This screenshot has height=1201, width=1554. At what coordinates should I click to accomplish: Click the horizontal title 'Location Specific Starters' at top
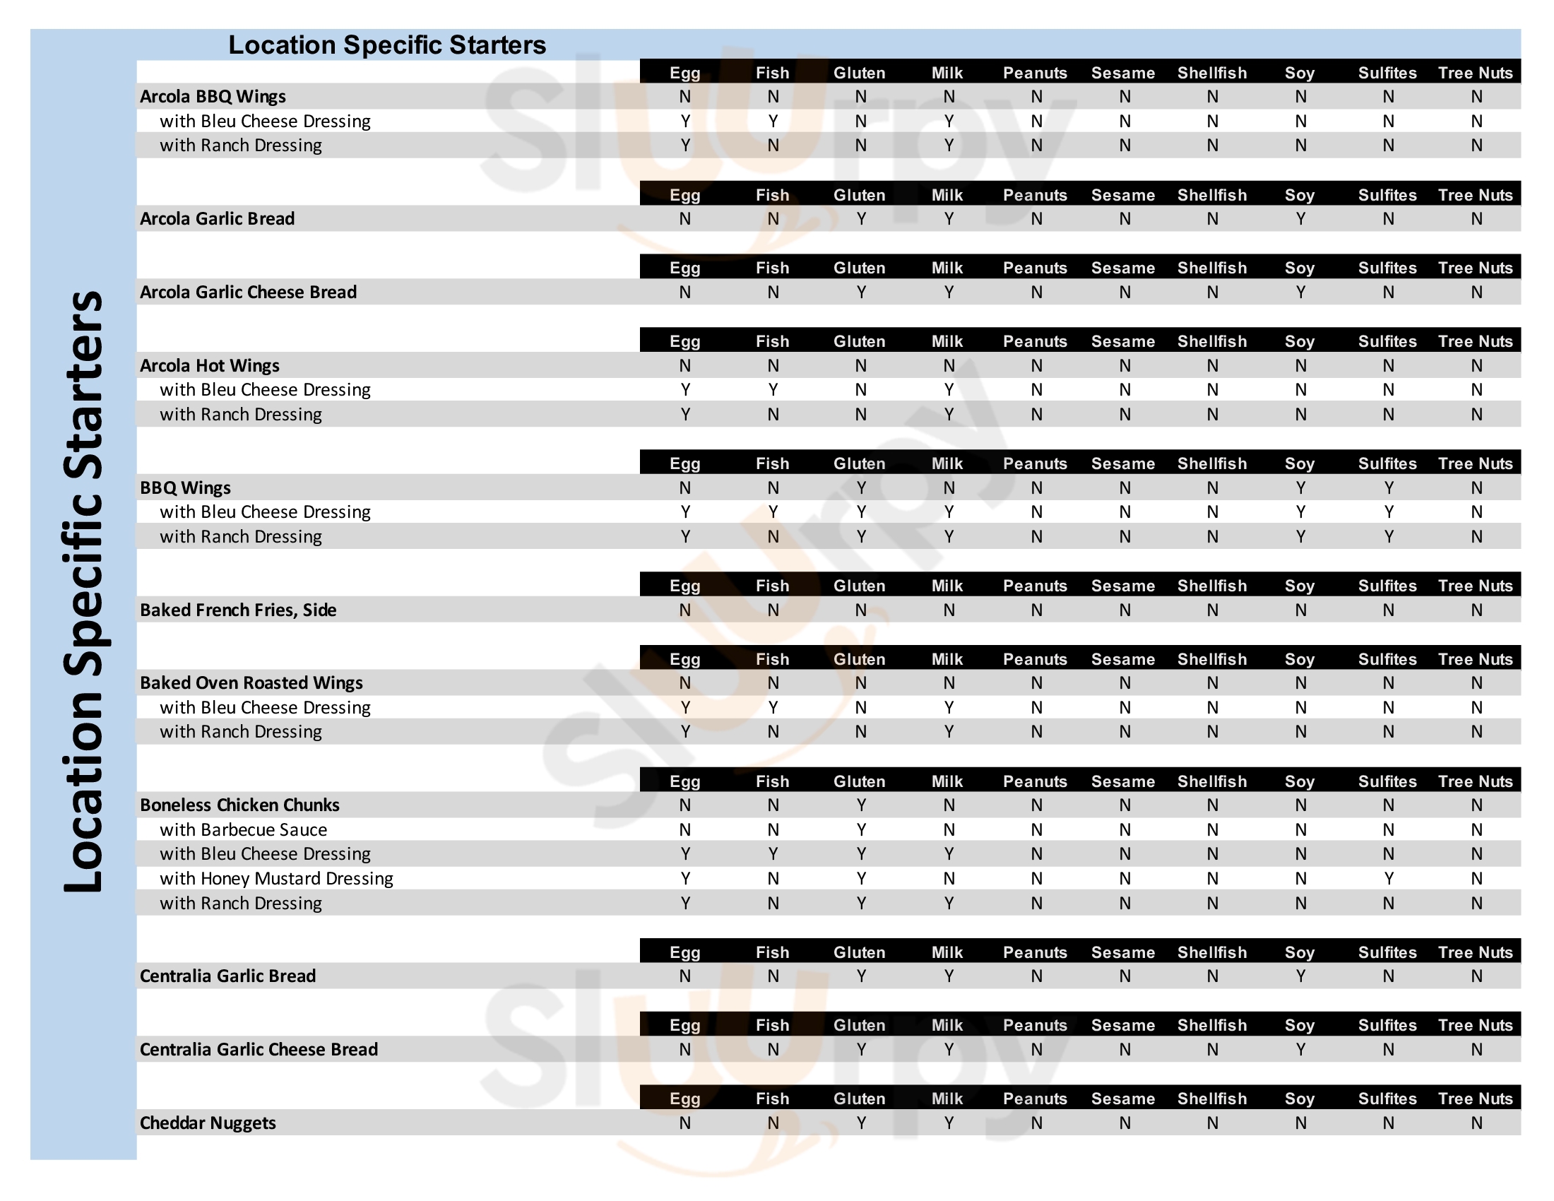pos(387,45)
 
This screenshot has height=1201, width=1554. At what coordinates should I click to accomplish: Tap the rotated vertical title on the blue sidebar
pos(84,591)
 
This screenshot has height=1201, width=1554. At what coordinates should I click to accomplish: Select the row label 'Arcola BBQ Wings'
pos(213,96)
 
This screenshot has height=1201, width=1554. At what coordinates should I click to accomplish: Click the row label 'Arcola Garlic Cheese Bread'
pos(249,292)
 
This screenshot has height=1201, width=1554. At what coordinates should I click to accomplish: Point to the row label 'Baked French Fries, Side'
pos(238,610)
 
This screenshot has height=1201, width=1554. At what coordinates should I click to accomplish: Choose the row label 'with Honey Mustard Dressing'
pos(276,878)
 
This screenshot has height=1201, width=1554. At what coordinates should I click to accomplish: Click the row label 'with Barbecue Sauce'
pos(244,829)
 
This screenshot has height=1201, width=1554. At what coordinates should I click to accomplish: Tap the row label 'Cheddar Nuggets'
pos(208,1123)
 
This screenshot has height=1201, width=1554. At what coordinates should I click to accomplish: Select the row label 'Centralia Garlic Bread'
pos(227,976)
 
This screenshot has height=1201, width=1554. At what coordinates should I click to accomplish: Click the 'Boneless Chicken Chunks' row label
pos(239,805)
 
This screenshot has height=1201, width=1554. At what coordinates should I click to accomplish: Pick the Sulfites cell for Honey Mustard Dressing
pos(1388,878)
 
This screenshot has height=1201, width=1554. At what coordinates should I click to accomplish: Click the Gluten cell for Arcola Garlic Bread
pos(861,218)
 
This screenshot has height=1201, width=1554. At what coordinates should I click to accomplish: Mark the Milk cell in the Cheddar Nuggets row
pos(949,1123)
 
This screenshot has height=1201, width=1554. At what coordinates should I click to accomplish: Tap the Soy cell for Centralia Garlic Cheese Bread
pos(1300,1049)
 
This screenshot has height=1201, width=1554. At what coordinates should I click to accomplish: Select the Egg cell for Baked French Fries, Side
pos(684,610)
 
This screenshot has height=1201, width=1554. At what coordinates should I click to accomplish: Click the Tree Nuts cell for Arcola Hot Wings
pos(1476,365)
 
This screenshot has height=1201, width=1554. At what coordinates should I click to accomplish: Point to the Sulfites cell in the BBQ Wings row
pos(1388,487)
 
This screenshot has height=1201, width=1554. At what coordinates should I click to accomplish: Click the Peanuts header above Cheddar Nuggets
pos(1036,1098)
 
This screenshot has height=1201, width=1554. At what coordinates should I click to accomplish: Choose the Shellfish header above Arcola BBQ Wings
pos(1211,73)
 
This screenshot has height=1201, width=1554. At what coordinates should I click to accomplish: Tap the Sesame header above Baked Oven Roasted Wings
pos(1123,659)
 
